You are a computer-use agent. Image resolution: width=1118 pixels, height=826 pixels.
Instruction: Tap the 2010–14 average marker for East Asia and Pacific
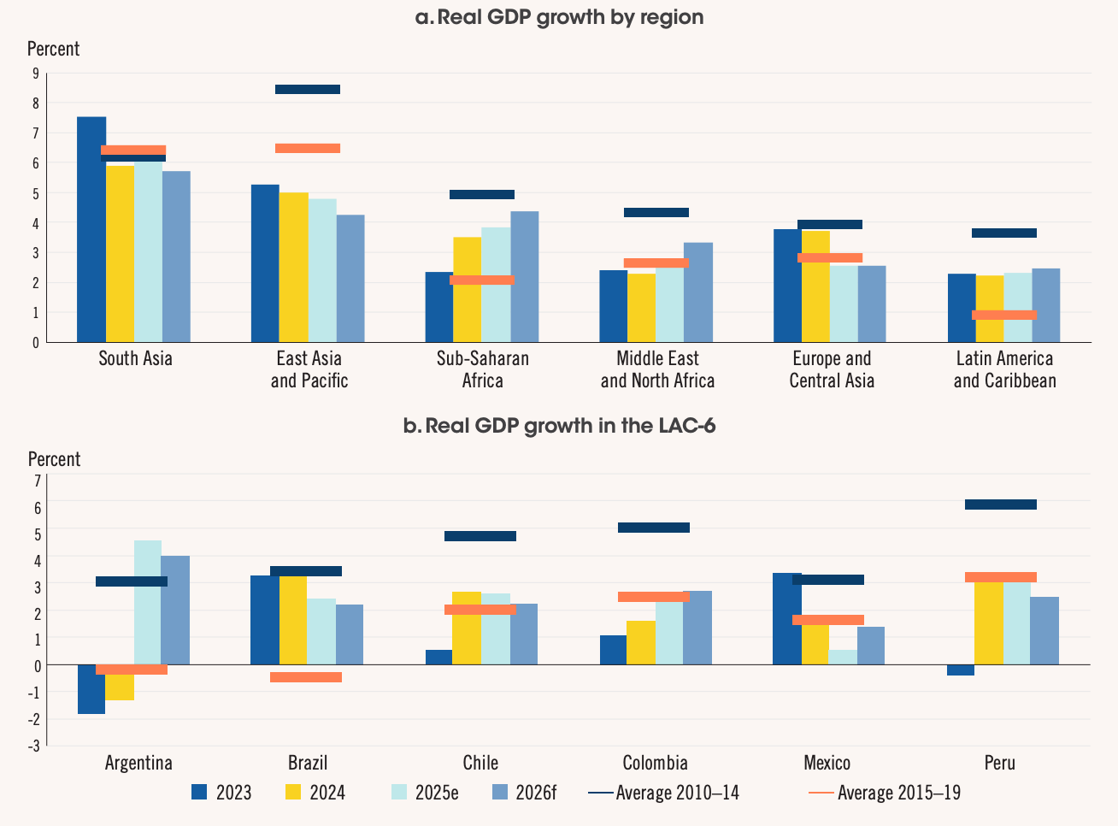tap(308, 89)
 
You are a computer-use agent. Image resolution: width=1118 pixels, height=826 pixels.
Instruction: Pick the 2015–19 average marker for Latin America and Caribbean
tap(1004, 315)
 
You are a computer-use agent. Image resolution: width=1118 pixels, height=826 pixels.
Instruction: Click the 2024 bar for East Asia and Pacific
tap(293, 267)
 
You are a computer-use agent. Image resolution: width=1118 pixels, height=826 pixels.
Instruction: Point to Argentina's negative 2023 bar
tap(91, 689)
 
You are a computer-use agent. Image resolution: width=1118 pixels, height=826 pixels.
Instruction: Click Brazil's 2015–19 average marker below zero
tap(306, 677)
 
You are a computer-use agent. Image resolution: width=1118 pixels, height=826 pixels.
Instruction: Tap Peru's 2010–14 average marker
tap(1000, 504)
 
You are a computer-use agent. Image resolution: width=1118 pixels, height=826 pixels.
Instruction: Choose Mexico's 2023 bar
tap(786, 618)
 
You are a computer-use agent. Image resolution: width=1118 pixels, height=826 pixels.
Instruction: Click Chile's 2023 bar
tap(438, 658)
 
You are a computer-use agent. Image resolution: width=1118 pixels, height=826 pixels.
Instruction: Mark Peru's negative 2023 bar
tap(961, 670)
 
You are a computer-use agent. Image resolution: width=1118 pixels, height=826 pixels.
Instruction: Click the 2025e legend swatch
tap(399, 793)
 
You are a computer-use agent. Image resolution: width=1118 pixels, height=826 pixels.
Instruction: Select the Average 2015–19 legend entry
tap(885, 793)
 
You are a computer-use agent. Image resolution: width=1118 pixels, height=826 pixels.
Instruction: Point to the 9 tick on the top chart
tap(35, 74)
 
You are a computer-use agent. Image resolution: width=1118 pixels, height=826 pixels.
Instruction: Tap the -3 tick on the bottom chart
tap(34, 746)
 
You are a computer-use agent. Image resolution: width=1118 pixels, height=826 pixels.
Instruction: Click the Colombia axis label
tap(655, 763)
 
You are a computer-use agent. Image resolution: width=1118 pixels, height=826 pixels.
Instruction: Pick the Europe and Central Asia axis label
tap(832, 369)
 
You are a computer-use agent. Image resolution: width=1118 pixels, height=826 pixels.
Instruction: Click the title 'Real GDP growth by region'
tap(570, 17)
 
